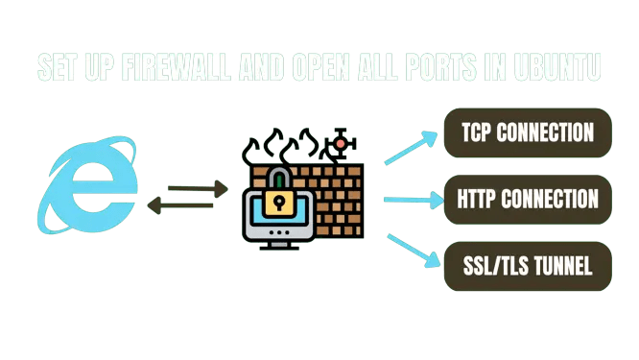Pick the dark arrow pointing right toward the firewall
[x=196, y=186]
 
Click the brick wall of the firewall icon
[x=331, y=197]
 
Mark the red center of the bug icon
[x=338, y=144]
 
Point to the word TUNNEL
[x=557, y=266]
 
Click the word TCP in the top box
[x=478, y=132]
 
